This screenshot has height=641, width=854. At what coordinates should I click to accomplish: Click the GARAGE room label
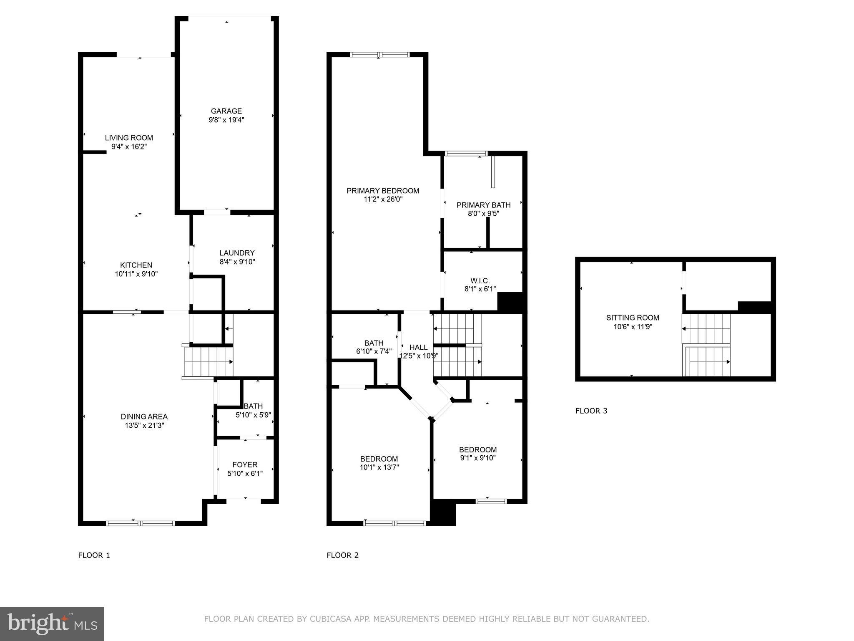click(x=226, y=111)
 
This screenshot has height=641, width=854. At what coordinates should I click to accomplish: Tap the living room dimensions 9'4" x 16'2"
click(x=129, y=147)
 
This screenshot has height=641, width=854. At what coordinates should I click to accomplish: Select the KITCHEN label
click(x=136, y=265)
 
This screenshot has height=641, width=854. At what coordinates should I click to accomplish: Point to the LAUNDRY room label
click(x=237, y=253)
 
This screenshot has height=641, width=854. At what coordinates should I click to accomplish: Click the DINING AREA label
click(x=144, y=416)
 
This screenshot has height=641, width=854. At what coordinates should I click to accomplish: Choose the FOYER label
click(x=245, y=464)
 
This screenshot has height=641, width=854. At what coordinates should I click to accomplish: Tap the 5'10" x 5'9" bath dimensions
click(x=254, y=415)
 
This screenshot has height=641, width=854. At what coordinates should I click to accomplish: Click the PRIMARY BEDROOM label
click(x=383, y=191)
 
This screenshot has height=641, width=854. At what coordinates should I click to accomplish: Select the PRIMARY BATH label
click(x=483, y=205)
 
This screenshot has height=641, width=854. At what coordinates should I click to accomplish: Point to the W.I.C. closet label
click(x=480, y=280)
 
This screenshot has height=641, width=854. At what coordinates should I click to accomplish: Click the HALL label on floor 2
click(x=418, y=347)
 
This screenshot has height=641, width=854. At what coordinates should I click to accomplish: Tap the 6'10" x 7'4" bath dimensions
click(x=374, y=352)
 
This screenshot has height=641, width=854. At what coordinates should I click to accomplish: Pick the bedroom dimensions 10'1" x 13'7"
click(x=379, y=467)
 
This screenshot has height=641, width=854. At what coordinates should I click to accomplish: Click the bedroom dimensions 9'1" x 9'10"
click(x=478, y=458)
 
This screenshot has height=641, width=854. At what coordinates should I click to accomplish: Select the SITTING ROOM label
click(x=633, y=318)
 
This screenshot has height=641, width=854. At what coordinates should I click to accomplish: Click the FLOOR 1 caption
click(x=94, y=555)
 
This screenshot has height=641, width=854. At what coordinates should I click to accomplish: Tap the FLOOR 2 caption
click(x=342, y=555)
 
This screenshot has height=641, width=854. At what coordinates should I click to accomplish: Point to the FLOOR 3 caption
click(x=591, y=411)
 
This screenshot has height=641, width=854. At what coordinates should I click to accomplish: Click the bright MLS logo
click(x=52, y=624)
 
